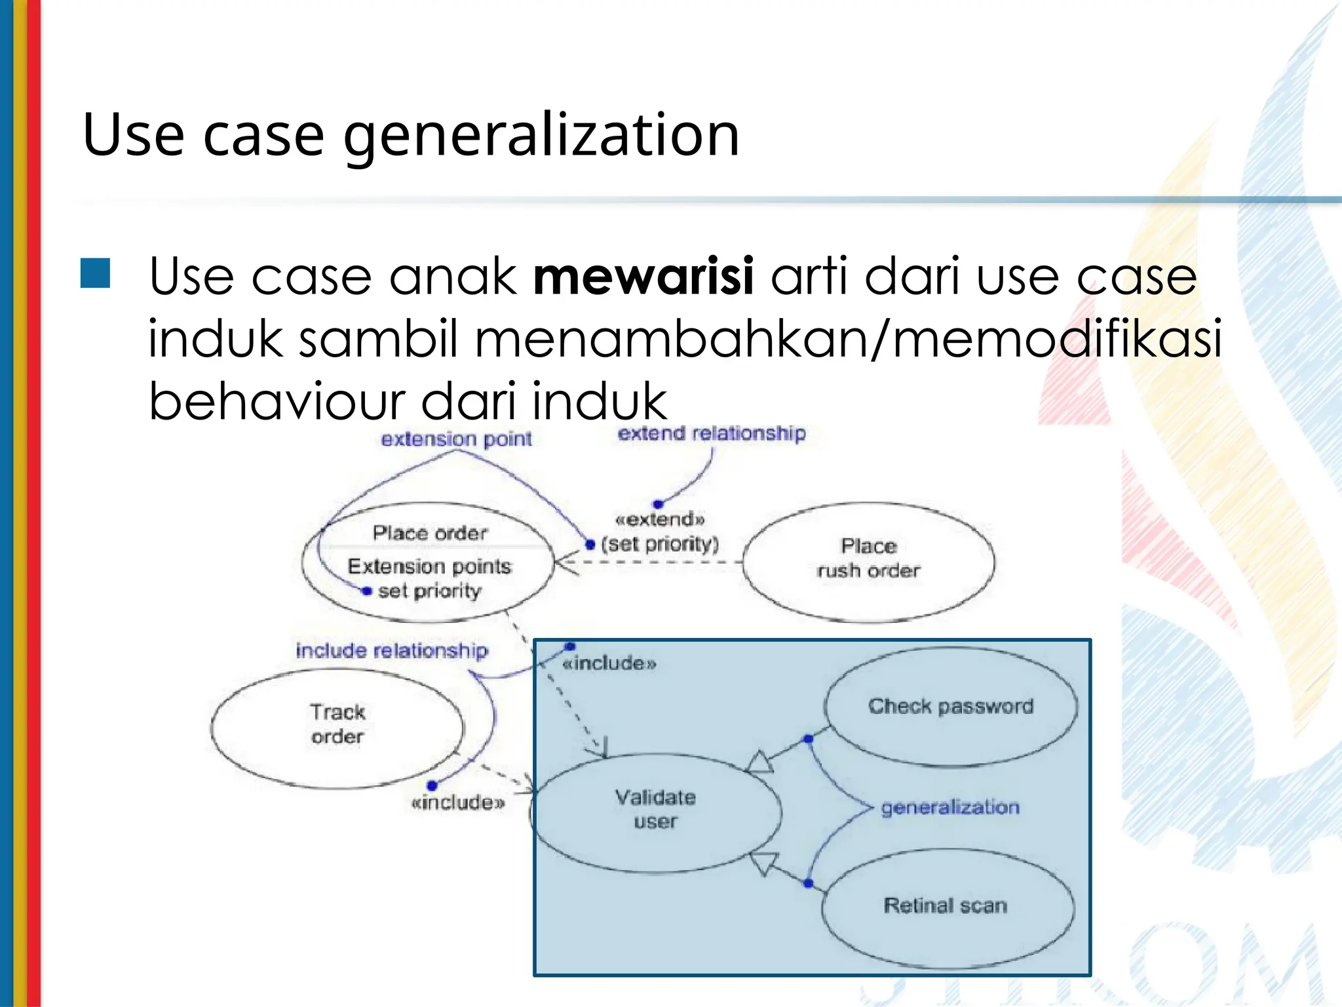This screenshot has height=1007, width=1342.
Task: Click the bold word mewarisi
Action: pyautogui.click(x=643, y=276)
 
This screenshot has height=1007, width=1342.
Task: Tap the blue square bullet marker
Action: pyautogui.click(x=95, y=273)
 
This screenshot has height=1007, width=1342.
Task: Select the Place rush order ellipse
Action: pyautogui.click(x=868, y=562)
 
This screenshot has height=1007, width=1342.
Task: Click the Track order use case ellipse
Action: pyautogui.click(x=337, y=728)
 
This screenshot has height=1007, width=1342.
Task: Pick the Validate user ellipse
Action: pyautogui.click(x=655, y=812)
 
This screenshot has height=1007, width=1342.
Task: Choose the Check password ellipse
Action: pyautogui.click(x=950, y=707)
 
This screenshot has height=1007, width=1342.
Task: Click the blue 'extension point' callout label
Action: pyautogui.click(x=456, y=439)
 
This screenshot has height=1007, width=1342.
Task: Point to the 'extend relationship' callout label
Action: pyautogui.click(x=712, y=434)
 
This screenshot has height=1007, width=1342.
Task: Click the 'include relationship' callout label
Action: pyautogui.click(x=392, y=651)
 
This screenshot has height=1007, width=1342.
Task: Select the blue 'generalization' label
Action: pyautogui.click(x=949, y=807)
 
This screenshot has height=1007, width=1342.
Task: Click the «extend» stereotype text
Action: pyautogui.click(x=660, y=520)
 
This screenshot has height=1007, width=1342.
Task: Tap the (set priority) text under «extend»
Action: pyautogui.click(x=660, y=544)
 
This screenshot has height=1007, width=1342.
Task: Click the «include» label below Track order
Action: pyautogui.click(x=458, y=803)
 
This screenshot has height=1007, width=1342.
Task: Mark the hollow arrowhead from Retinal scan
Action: pyautogui.click(x=764, y=863)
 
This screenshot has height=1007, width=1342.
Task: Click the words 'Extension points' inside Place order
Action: pyautogui.click(x=429, y=566)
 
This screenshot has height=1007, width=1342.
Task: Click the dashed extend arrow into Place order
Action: pyautogui.click(x=649, y=562)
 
